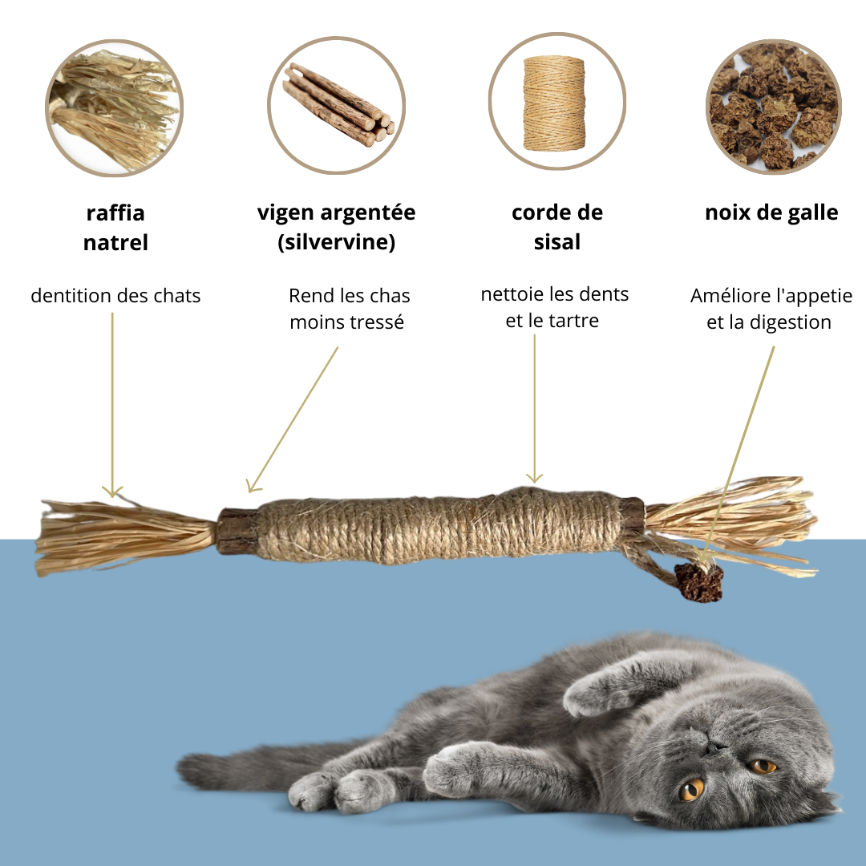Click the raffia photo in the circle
pyautogui.click(x=115, y=108)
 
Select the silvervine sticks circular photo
pyautogui.click(x=336, y=105)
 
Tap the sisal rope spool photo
pyautogui.click(x=556, y=102)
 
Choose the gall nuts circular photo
pyautogui.click(x=773, y=107)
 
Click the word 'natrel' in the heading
pyautogui.click(x=115, y=242)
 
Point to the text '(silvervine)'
pyautogui.click(x=336, y=242)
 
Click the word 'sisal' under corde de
pyautogui.click(x=556, y=242)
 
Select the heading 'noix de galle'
pyautogui.click(x=771, y=212)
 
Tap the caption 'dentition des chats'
pyautogui.click(x=115, y=295)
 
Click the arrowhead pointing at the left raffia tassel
pyautogui.click(x=112, y=492)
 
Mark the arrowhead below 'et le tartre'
pyautogui.click(x=534, y=478)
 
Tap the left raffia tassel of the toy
pyautogui.click(x=124, y=536)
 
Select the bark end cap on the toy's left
pyautogui.click(x=237, y=532)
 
